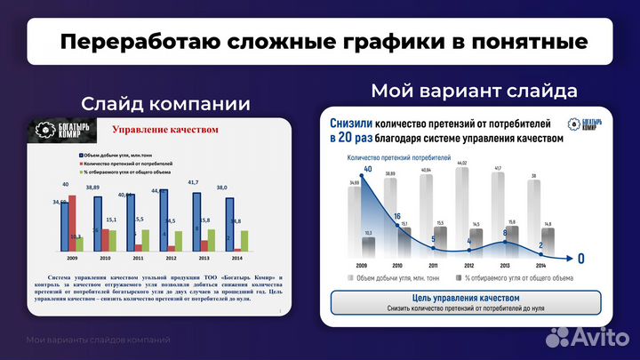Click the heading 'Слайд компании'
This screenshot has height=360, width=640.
(x=164, y=104)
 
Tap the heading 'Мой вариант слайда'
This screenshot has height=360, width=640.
(x=475, y=91)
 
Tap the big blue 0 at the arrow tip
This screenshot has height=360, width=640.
(x=581, y=259)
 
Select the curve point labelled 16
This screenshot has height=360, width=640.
(x=397, y=216)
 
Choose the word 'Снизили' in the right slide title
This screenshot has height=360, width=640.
(x=351, y=124)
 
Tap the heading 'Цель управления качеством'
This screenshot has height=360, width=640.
(x=466, y=298)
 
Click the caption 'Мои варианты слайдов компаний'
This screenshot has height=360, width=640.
(x=98, y=340)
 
